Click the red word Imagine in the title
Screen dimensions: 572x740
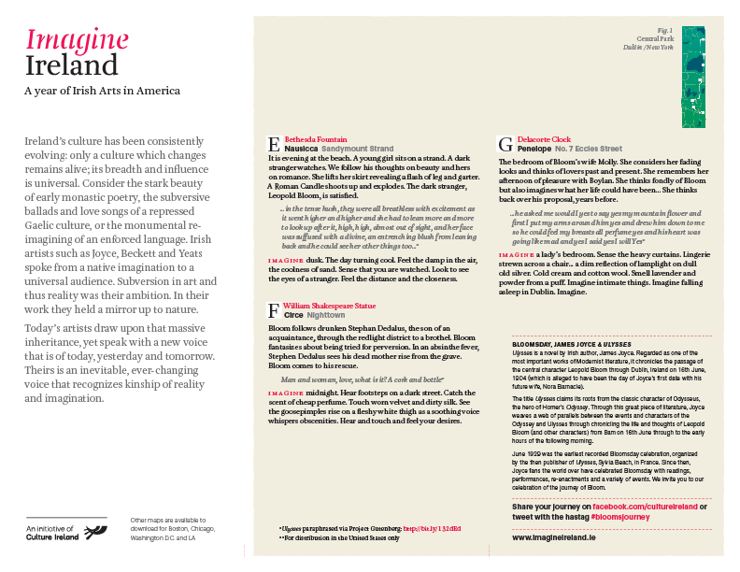click(77, 39)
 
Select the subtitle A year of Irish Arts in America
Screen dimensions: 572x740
click(102, 92)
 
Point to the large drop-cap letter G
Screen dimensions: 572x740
click(505, 143)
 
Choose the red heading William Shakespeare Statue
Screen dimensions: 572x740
click(330, 305)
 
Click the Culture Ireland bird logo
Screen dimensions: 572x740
click(96, 532)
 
